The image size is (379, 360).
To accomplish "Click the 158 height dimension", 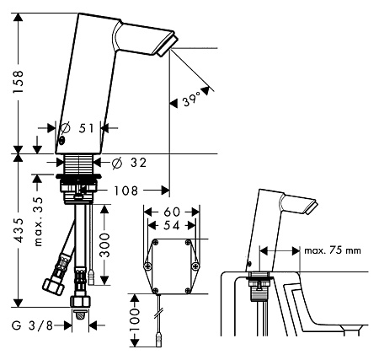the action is (19, 82).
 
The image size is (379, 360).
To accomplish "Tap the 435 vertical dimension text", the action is (19, 230).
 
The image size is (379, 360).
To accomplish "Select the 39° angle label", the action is (192, 99).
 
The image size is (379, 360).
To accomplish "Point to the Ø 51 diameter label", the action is (77, 128).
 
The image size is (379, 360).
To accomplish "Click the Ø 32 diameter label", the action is (129, 163).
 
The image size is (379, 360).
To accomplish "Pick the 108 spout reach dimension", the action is (125, 191).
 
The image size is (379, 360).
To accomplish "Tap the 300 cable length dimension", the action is (104, 244).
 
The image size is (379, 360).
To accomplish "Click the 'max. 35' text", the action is (38, 222).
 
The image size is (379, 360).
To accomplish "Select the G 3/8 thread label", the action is (32, 325).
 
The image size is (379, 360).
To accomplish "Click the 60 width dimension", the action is (172, 212).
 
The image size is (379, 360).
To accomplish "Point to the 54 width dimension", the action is (172, 225).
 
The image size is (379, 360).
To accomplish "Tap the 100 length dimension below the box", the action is (135, 320).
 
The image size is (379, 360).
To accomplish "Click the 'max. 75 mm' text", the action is (333, 250).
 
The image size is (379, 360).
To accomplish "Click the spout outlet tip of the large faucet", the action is (167, 46).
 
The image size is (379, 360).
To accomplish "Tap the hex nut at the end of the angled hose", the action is (53, 286).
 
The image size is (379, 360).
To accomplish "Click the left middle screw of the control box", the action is (147, 266).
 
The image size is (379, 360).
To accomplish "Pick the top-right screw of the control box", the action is (188, 242).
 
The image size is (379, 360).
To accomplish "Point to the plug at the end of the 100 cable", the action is (159, 339).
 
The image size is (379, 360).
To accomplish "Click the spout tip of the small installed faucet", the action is (312, 207).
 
